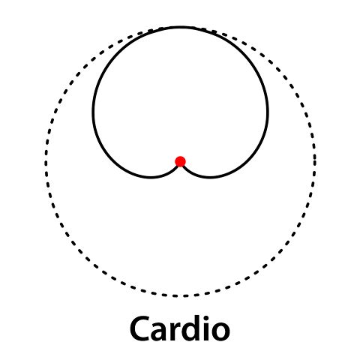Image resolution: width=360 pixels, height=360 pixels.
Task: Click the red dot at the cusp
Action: click(180, 161)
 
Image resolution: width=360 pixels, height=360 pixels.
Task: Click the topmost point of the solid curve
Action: click(181, 26)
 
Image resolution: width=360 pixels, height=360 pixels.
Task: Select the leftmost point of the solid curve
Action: click(93, 110)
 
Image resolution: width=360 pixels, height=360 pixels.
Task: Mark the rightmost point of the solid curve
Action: click(268, 110)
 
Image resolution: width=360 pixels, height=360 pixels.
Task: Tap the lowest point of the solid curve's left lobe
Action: click(151, 177)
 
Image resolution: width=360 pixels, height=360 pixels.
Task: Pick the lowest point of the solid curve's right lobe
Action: click(210, 177)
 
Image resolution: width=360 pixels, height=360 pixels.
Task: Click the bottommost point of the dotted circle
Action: click(181, 296)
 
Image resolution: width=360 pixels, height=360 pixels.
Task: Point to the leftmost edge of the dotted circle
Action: click(46, 161)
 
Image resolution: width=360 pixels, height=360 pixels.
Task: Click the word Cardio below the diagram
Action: click(180, 328)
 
